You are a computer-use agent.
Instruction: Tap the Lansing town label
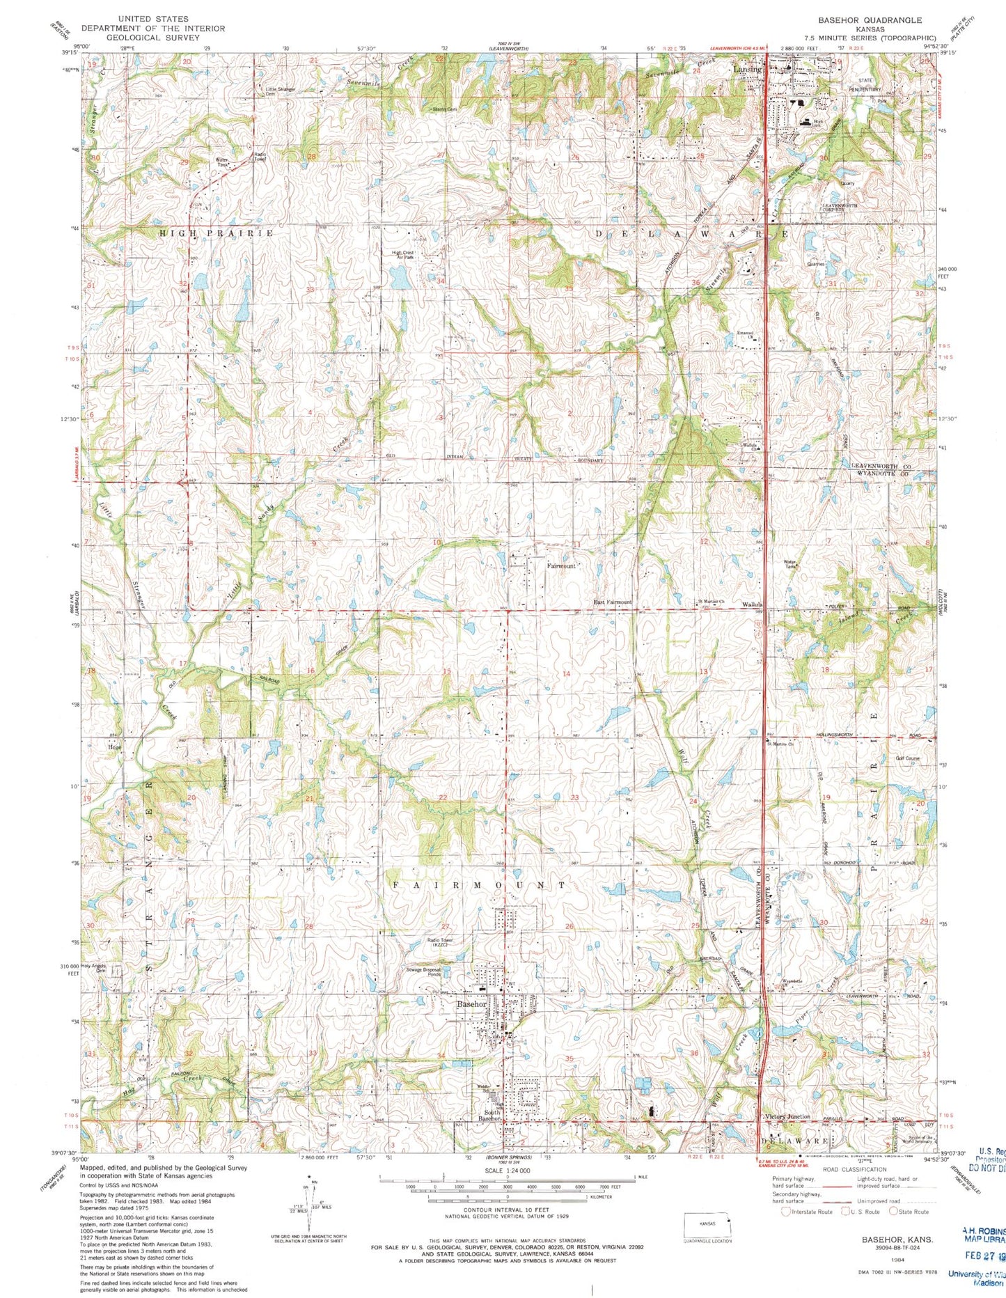(748, 70)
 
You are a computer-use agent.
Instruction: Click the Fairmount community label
(561, 566)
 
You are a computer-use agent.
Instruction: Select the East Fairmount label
(612, 602)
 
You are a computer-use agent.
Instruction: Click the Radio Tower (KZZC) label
(440, 943)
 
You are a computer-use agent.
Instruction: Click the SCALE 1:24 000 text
(507, 1171)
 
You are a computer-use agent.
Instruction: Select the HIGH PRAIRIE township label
(216, 233)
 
